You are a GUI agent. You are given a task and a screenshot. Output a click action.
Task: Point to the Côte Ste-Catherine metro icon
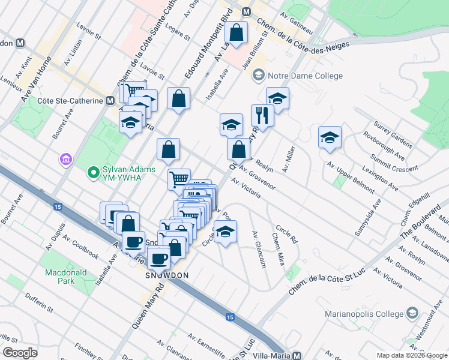(x=110, y=101)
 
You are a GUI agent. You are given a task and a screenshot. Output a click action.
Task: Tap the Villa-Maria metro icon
(x=297, y=355)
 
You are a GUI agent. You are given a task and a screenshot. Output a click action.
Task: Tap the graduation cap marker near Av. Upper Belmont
(x=330, y=137)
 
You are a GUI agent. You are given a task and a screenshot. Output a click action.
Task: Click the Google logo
(x=20, y=353)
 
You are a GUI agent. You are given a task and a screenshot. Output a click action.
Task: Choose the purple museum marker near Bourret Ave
(x=65, y=160)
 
